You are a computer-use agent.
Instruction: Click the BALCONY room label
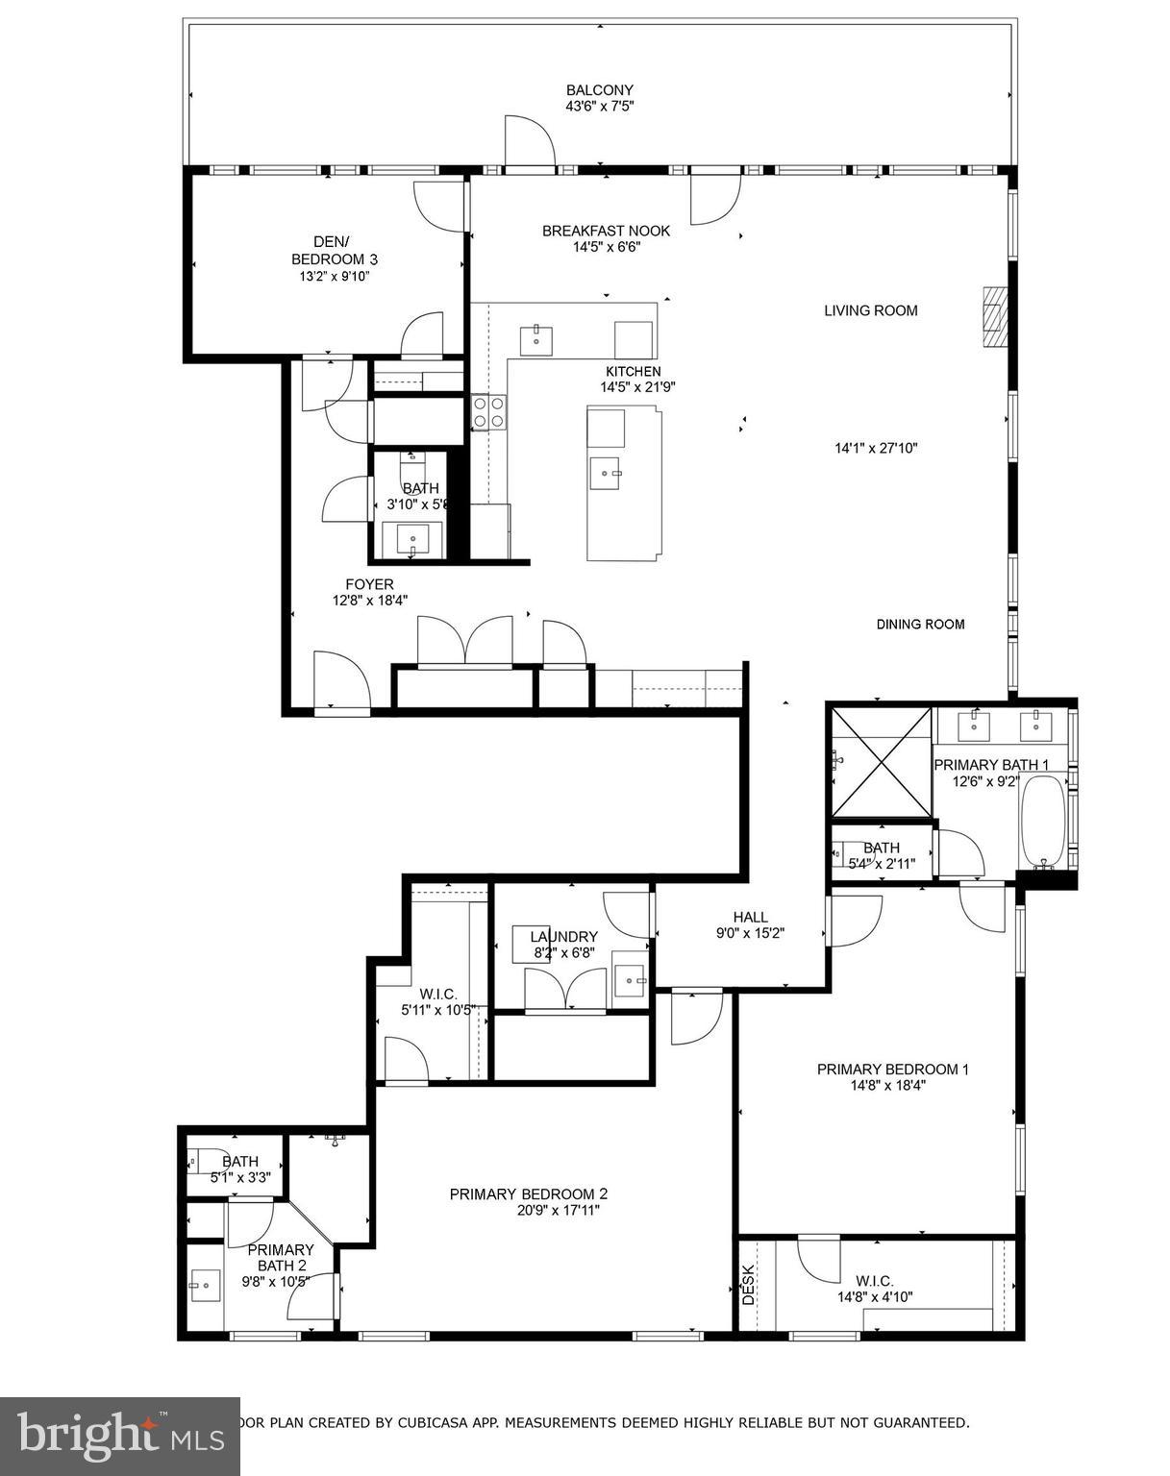pos(599,90)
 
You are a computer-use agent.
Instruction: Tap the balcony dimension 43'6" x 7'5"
pos(599,107)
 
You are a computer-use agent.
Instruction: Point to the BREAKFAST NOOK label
pos(606,231)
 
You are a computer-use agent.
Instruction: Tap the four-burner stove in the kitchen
pos(487,412)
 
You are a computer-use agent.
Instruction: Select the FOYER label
pos(369,584)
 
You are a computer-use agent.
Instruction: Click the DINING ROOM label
pos(920,625)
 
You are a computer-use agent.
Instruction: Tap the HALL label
pos(750,917)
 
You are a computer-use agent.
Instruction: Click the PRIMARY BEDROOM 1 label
pos(892,1070)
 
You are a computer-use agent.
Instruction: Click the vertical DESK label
pos(749,1284)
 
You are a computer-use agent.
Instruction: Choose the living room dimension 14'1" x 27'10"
pos(875,448)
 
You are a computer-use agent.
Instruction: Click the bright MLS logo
pos(119,1437)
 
